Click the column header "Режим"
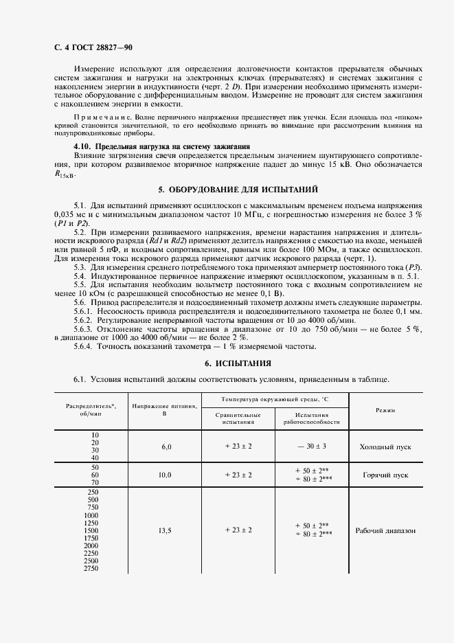tap(385, 410)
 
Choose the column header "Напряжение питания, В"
tap(166, 410)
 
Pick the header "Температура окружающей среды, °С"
tap(275, 399)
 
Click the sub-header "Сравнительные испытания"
tap(238, 418)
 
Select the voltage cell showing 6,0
tap(166, 447)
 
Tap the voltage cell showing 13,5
tap(166, 530)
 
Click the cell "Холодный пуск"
tap(385, 447)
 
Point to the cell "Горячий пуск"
tap(385, 475)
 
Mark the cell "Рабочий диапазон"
tap(385, 530)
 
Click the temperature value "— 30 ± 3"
tap(312, 447)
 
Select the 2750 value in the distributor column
tap(91, 569)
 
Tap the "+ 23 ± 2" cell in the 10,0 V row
tap(238, 475)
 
